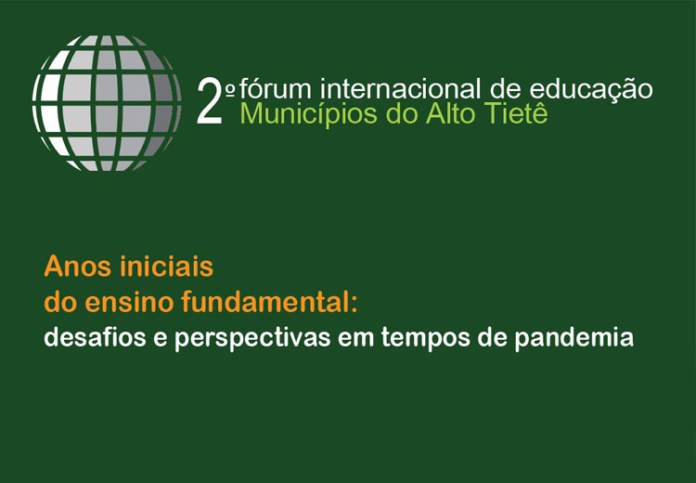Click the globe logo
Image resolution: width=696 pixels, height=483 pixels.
coord(107,103)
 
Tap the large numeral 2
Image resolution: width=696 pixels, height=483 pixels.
coord(210,101)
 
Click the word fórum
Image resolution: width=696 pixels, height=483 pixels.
coord(277,88)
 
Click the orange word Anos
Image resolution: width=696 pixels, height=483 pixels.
coord(78,267)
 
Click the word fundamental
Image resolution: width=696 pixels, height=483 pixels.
coord(264,302)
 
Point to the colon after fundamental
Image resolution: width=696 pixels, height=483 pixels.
coord(354,305)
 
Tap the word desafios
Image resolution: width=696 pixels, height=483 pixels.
coord(95,338)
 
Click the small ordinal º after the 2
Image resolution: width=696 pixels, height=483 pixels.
coord(230,90)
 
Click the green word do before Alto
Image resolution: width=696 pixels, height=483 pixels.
coord(402,113)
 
